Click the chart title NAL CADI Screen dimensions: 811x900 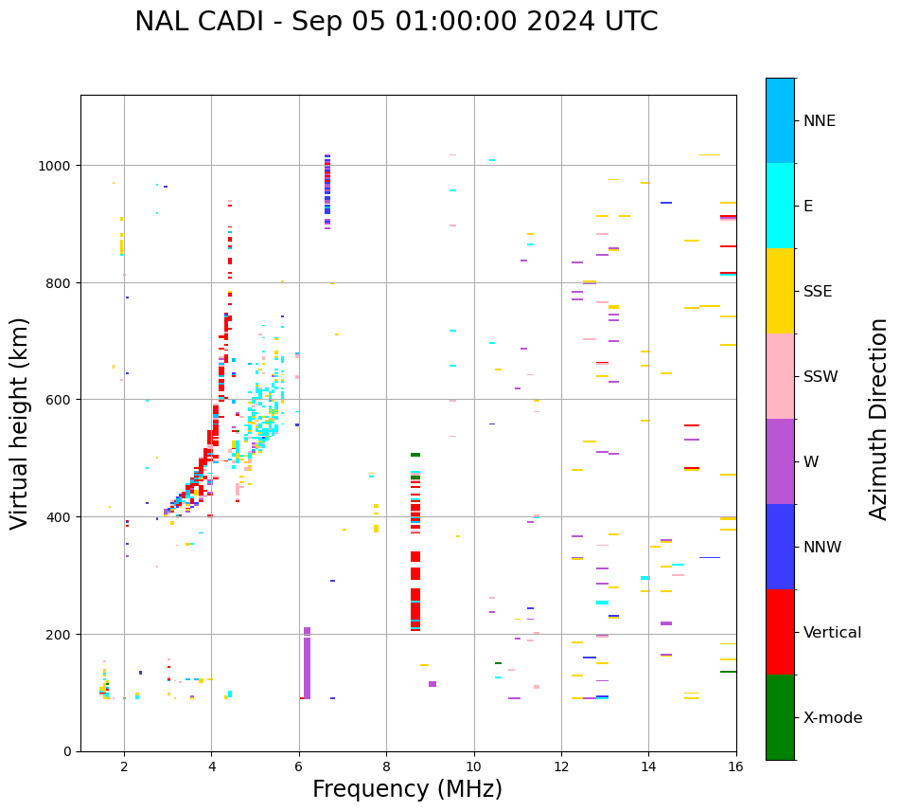pyautogui.click(x=396, y=22)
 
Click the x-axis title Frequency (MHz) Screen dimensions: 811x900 pyautogui.click(x=407, y=789)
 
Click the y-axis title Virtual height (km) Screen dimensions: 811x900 pyautogui.click(x=20, y=423)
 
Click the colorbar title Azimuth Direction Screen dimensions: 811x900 pyautogui.click(x=879, y=419)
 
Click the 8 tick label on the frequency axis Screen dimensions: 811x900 pyautogui.click(x=386, y=767)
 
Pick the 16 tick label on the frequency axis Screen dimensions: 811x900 pyautogui.click(x=735, y=767)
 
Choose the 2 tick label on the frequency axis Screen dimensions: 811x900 pyautogui.click(x=124, y=767)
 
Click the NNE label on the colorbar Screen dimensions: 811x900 pyautogui.click(x=820, y=121)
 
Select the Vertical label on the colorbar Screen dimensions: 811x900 pyautogui.click(x=832, y=633)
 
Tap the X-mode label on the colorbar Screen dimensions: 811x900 pyautogui.click(x=833, y=718)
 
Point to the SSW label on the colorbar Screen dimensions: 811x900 pyautogui.click(x=821, y=377)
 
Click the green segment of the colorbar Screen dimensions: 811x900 pyautogui.click(x=780, y=717)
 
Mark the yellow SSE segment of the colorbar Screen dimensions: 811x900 pyautogui.click(x=780, y=291)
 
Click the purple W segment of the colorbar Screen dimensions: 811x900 pyautogui.click(x=780, y=461)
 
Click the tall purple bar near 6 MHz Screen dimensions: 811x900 pyautogui.click(x=307, y=663)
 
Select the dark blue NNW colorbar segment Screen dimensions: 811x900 pyautogui.click(x=780, y=547)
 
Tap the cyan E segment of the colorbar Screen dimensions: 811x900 pyautogui.click(x=780, y=206)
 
